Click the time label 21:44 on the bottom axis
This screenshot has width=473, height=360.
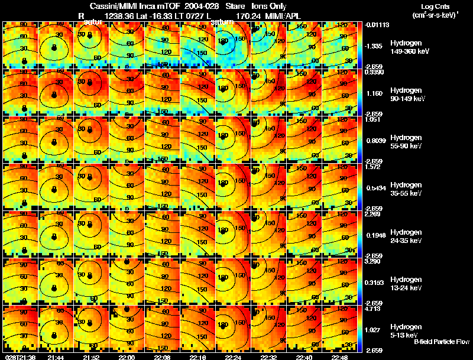coord(56,357)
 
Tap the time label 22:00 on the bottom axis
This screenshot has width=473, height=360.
coord(127,357)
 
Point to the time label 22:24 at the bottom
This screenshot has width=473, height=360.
coord(234,357)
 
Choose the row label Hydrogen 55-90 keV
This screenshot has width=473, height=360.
coord(406,142)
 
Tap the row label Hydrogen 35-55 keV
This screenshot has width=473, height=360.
coord(406,189)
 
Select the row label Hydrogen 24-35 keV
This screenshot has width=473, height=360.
coord(406,236)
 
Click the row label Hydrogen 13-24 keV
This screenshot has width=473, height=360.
coord(406,284)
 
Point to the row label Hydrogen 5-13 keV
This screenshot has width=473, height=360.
coord(404,330)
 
